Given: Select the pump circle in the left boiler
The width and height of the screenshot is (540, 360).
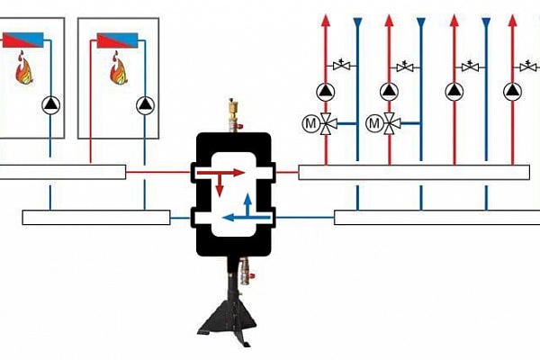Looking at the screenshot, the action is pyautogui.click(x=50, y=105).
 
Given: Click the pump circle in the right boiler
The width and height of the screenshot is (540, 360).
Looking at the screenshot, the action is pyautogui.click(x=145, y=105).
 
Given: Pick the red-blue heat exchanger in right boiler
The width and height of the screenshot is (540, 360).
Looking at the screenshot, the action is pyautogui.click(x=117, y=40).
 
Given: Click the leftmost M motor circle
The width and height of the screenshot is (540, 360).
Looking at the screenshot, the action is pyautogui.click(x=311, y=123).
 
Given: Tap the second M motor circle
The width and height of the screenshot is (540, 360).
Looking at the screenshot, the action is pyautogui.click(x=374, y=123).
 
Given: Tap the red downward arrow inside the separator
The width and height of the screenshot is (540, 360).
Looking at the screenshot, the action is pyautogui.click(x=220, y=185).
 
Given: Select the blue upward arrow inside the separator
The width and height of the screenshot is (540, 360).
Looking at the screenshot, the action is pyautogui.click(x=247, y=205).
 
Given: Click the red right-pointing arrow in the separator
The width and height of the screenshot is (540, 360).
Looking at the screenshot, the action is pyautogui.click(x=220, y=173).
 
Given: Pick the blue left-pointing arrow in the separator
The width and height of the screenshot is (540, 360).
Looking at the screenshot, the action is pyautogui.click(x=247, y=218).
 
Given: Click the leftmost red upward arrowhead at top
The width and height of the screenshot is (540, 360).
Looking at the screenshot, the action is pyautogui.click(x=326, y=21).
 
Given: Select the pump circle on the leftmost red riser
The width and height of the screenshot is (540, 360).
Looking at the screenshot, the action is pyautogui.click(x=326, y=92).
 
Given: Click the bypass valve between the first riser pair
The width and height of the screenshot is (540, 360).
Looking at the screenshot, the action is pyautogui.click(x=342, y=65).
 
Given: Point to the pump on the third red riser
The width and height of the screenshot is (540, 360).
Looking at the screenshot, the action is pyautogui.click(x=454, y=92).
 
